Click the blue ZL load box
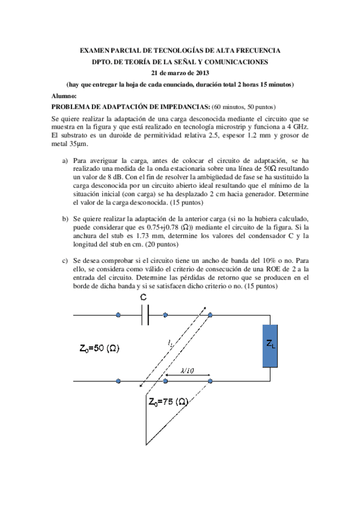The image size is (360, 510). pyautogui.click(x=270, y=345)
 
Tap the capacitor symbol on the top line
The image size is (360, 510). pyautogui.click(x=145, y=315)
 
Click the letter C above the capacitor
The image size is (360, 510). pyautogui.click(x=142, y=298)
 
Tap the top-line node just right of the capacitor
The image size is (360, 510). pyautogui.click(x=165, y=315)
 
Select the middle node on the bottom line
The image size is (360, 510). pyautogui.click(x=165, y=381)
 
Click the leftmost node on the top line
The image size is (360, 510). pyautogui.click(x=118, y=315)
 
